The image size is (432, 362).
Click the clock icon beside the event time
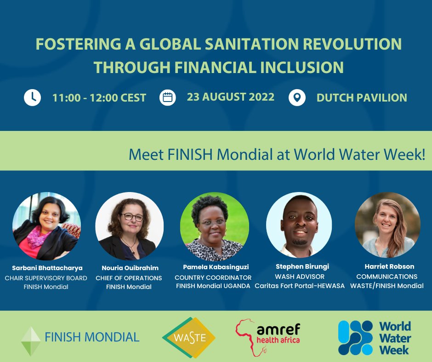click(x=33, y=97)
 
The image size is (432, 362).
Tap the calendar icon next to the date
click(x=168, y=97)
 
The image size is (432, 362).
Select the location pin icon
click(x=297, y=97)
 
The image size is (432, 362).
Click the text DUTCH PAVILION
click(x=362, y=97)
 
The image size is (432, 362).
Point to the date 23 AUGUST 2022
click(x=231, y=97)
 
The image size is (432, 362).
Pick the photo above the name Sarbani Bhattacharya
click(x=47, y=226)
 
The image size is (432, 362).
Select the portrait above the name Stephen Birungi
click(x=299, y=225)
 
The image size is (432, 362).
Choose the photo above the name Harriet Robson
click(x=387, y=225)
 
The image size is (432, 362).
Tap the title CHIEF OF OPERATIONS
click(x=129, y=278)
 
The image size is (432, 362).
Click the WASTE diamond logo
click(x=189, y=338)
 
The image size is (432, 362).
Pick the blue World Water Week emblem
click(x=355, y=338)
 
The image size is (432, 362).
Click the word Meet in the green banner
click(x=146, y=154)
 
